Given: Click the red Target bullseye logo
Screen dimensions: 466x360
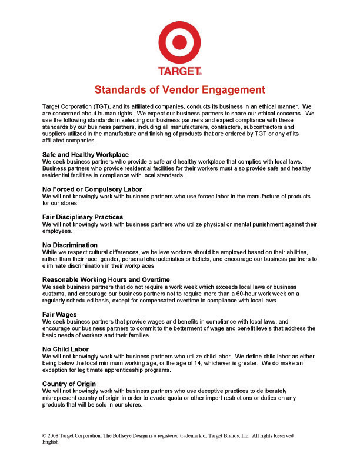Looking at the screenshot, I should (180, 41).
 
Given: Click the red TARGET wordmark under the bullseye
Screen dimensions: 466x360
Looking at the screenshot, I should (179, 72).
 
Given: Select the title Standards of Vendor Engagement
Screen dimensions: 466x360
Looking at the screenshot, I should (180, 90).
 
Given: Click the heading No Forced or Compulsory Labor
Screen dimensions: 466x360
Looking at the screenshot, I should (92, 189).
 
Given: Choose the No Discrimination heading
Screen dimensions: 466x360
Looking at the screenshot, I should (70, 245).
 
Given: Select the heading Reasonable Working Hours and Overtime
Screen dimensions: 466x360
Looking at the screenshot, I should (106, 279).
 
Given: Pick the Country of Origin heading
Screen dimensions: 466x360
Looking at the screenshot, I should (69, 384).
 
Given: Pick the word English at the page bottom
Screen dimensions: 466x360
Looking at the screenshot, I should (51, 442).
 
